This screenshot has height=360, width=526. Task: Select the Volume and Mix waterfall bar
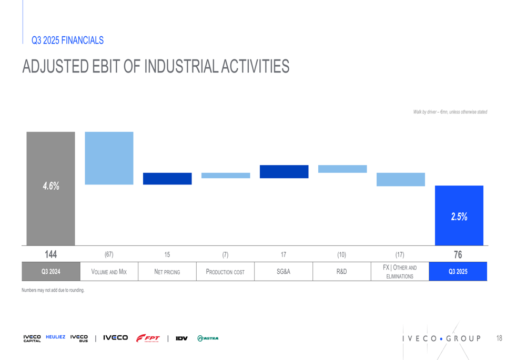(x=109, y=158)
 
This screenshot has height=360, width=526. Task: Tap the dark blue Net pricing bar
(x=167, y=179)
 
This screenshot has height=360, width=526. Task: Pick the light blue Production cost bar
(x=226, y=176)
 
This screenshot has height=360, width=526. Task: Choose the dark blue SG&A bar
(x=284, y=172)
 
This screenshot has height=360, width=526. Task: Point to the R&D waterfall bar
(x=342, y=169)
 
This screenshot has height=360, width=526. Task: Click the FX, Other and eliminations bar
(x=400, y=179)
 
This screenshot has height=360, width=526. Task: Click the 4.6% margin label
(x=51, y=186)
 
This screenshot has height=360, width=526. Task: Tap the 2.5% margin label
(x=459, y=217)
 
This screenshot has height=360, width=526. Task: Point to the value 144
(x=50, y=254)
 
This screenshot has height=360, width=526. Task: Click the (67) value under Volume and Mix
(x=109, y=255)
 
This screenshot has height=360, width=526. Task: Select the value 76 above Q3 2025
(x=458, y=254)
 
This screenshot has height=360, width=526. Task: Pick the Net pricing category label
(x=167, y=272)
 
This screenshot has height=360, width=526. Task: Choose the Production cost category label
(x=225, y=272)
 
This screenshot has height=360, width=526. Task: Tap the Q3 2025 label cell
(x=458, y=272)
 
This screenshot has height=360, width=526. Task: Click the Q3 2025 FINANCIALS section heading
(x=67, y=40)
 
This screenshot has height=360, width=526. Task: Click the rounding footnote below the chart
(x=53, y=290)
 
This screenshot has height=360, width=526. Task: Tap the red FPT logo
(x=148, y=338)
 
